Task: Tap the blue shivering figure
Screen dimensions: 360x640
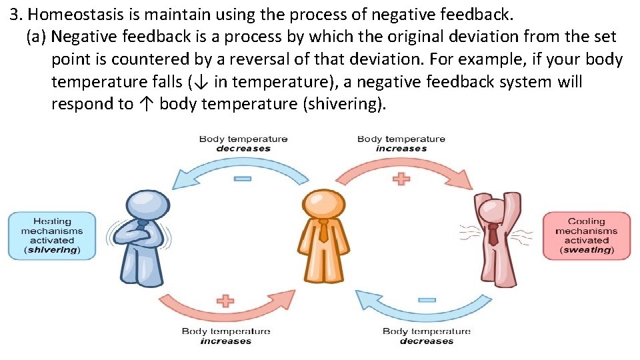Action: click(x=141, y=237)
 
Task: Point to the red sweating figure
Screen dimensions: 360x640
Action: click(x=495, y=237)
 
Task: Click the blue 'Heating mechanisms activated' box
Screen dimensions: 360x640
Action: click(x=52, y=235)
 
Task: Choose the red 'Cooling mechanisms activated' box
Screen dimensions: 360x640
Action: click(x=587, y=235)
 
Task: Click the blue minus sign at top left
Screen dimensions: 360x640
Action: click(x=243, y=179)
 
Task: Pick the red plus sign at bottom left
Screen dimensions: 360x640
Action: click(x=225, y=301)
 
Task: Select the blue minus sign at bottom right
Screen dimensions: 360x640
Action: click(x=427, y=301)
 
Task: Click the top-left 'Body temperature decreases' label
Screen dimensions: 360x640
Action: click(x=243, y=143)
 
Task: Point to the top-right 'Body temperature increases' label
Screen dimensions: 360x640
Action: click(x=401, y=143)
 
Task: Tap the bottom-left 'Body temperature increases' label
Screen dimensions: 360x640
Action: click(x=226, y=335)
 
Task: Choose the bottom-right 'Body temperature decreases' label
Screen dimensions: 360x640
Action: click(x=427, y=335)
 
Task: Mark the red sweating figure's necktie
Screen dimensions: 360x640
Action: click(x=493, y=235)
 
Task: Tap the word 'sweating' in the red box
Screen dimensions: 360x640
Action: click(x=587, y=250)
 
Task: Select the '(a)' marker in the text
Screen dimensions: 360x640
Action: click(x=36, y=37)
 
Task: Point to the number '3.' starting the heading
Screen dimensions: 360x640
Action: click(x=17, y=14)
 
